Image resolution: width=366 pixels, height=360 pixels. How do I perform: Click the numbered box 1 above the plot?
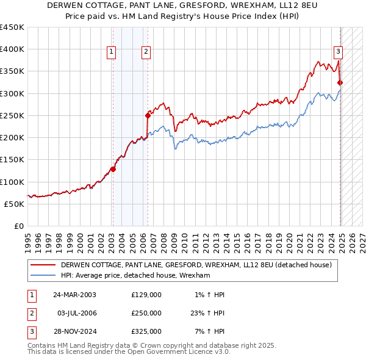click(x=112, y=52)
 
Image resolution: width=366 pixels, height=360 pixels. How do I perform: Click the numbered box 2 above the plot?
click(x=147, y=52)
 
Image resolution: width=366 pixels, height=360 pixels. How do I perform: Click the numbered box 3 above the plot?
click(x=338, y=52)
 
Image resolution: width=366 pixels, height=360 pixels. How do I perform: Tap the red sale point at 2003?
click(x=113, y=169)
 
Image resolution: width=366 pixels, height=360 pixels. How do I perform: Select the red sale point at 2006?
click(x=148, y=115)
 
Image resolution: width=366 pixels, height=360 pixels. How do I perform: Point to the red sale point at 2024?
click(x=340, y=82)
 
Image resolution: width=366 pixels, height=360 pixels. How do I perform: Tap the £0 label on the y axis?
click(x=19, y=226)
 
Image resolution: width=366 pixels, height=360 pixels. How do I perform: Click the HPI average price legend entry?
click(x=135, y=276)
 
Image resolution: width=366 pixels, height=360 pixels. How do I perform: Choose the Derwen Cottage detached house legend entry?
click(x=196, y=265)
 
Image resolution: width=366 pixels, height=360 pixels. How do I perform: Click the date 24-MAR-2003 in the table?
click(x=75, y=295)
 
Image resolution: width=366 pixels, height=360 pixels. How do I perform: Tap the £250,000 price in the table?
click(x=146, y=313)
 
